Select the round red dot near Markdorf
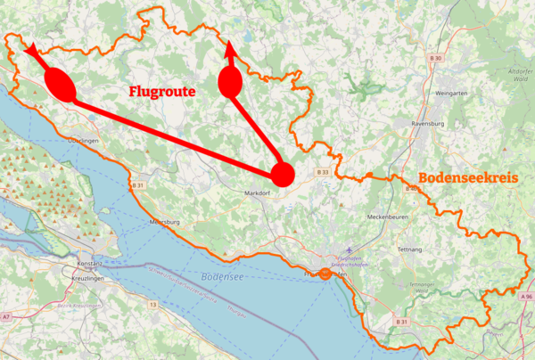[x=283, y=174]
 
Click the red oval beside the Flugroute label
[x=230, y=83]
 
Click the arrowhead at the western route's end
[x=31, y=50]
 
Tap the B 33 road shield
[x=323, y=171]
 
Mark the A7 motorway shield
[x=6, y=316]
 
